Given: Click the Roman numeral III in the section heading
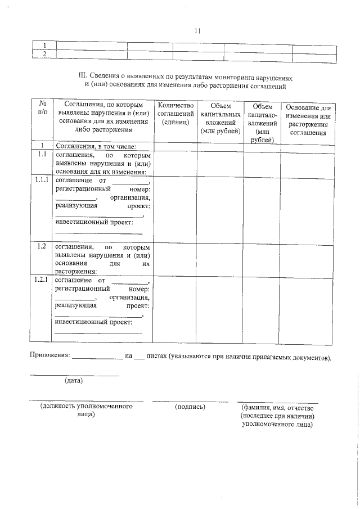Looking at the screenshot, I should point(83,75).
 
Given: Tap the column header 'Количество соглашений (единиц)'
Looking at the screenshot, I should point(175,114).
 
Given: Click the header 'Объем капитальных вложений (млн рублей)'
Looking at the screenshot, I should point(220,118).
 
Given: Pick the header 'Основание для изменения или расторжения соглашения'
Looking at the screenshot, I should point(307,120).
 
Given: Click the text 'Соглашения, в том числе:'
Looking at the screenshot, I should point(96,146).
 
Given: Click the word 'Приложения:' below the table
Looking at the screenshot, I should point(49,356).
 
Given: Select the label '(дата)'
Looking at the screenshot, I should point(74,381).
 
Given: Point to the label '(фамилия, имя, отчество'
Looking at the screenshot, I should point(277,407).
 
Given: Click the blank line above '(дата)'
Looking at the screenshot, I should point(74,375).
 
